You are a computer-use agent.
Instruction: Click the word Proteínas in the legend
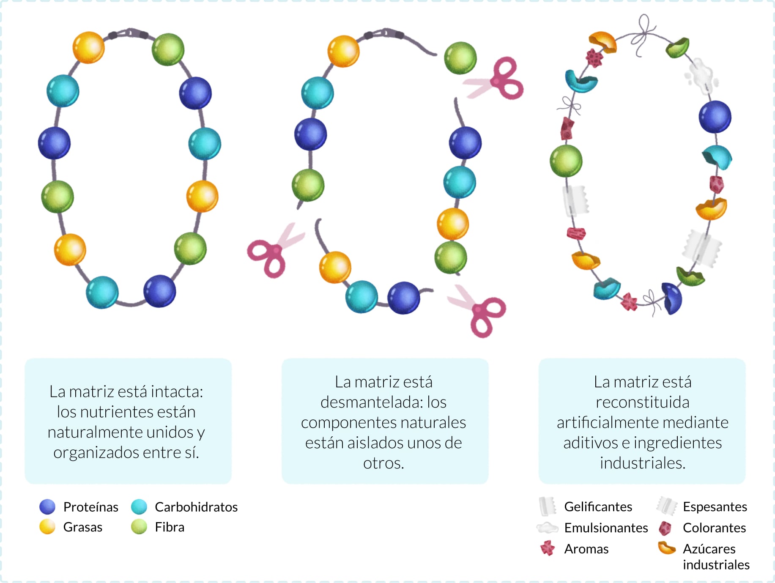(x=90, y=506)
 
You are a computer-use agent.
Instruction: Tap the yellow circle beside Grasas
(x=47, y=527)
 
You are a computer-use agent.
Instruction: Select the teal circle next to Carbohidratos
(x=139, y=506)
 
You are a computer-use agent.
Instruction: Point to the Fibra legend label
(x=170, y=527)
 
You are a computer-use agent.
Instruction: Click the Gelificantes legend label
(x=598, y=506)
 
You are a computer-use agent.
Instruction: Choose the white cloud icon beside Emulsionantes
(x=547, y=527)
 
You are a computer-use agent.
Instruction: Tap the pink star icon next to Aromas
(x=548, y=548)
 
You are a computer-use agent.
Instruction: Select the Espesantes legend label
(x=715, y=506)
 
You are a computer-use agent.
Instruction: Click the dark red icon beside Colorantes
(x=665, y=528)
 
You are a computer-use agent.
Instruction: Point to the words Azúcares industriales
(x=716, y=556)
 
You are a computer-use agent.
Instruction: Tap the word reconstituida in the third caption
(x=642, y=402)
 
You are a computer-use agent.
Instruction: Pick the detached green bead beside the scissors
(x=460, y=58)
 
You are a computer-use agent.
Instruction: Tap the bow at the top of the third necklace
(x=644, y=34)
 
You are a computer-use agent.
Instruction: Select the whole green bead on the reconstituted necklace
(x=566, y=161)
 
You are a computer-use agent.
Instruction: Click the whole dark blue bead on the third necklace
(x=715, y=117)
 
